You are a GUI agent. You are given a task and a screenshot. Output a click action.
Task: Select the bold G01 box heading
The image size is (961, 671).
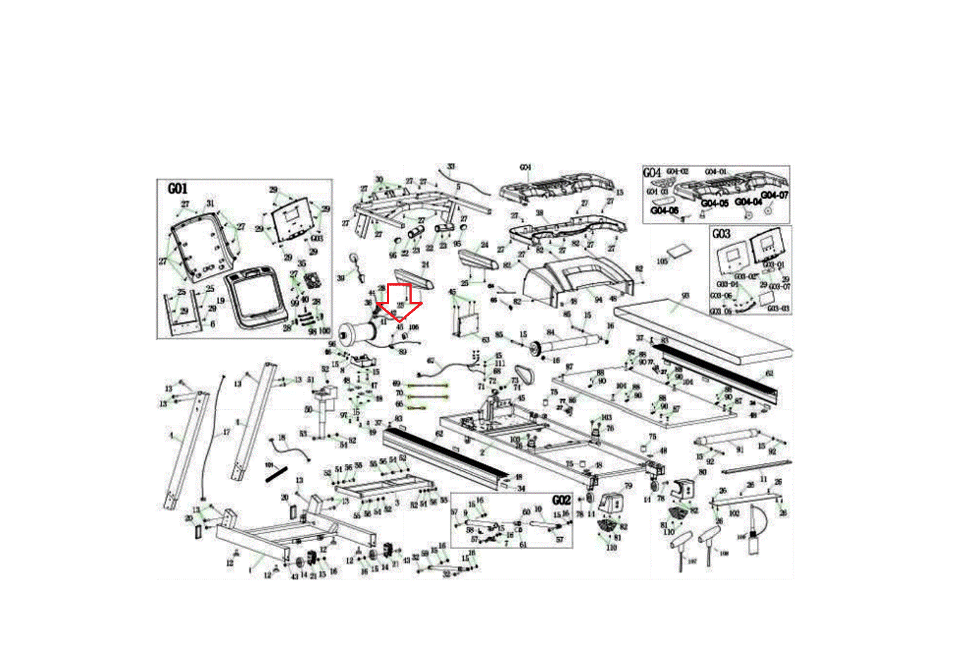177,188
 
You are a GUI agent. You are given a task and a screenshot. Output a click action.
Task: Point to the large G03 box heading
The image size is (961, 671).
721,233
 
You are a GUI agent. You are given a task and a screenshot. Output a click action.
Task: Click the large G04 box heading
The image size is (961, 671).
652,173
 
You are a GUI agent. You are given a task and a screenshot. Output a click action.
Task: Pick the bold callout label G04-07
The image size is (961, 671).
774,196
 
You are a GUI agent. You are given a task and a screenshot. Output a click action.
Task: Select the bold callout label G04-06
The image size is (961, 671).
664,211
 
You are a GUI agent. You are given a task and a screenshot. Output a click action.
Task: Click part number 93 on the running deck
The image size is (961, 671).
685,295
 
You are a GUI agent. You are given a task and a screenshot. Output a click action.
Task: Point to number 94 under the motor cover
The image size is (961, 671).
598,299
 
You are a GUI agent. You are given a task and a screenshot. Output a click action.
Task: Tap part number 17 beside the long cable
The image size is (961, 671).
226,432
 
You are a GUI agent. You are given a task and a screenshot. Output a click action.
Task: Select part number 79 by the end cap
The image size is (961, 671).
628,487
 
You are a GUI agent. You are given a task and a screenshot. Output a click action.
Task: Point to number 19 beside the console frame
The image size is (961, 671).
220,301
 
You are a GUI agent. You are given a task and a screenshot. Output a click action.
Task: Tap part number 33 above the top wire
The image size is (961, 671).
451,166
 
